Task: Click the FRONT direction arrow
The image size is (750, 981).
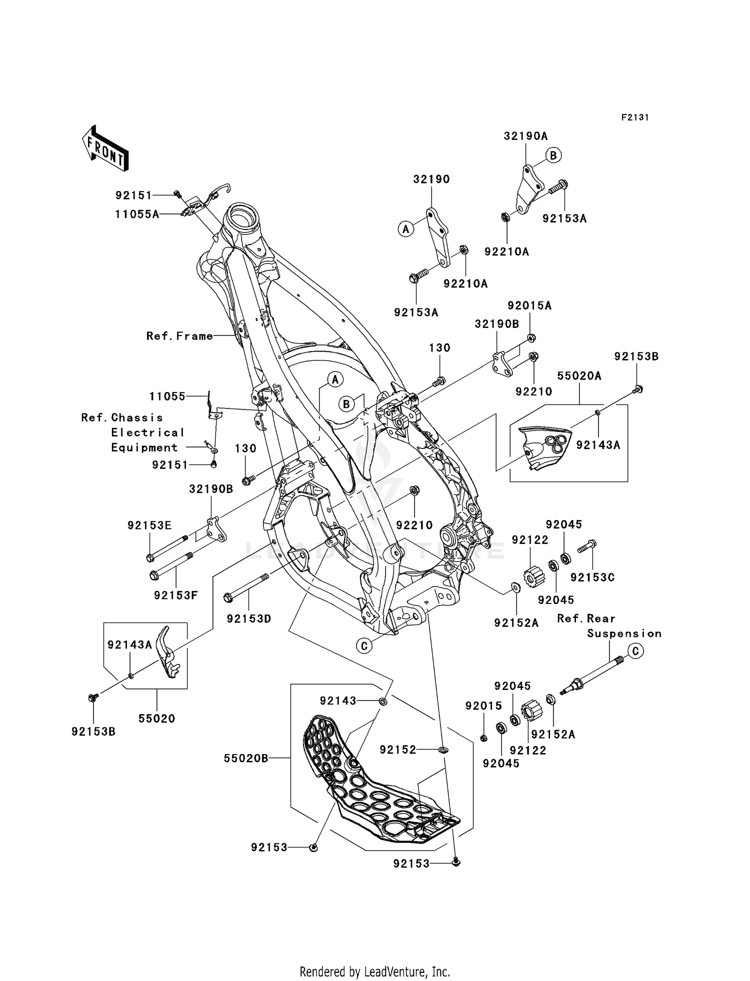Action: (x=105, y=148)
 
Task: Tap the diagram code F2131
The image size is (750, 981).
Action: (x=634, y=117)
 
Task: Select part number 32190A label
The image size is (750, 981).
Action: (x=525, y=136)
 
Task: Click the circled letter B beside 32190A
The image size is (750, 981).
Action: (x=553, y=155)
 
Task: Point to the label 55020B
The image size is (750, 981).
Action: (x=245, y=758)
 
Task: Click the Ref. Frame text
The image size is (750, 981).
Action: (x=179, y=336)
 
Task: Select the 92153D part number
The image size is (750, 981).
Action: (x=248, y=619)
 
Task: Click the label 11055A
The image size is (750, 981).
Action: (x=137, y=214)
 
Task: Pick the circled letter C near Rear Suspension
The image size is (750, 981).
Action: (x=635, y=651)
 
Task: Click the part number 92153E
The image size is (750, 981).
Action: (x=149, y=525)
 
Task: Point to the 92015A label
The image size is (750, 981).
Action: (x=529, y=305)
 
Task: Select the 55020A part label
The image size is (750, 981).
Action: (x=579, y=376)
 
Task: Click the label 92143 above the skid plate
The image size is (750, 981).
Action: (x=338, y=701)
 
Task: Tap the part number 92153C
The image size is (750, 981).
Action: (x=592, y=577)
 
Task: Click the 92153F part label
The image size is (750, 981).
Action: (x=176, y=595)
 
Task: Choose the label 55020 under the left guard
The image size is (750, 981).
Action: (x=156, y=719)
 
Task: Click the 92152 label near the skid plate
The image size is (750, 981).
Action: (x=397, y=750)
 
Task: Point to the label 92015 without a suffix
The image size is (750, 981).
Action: (x=483, y=706)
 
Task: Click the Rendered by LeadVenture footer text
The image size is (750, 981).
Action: (x=374, y=972)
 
